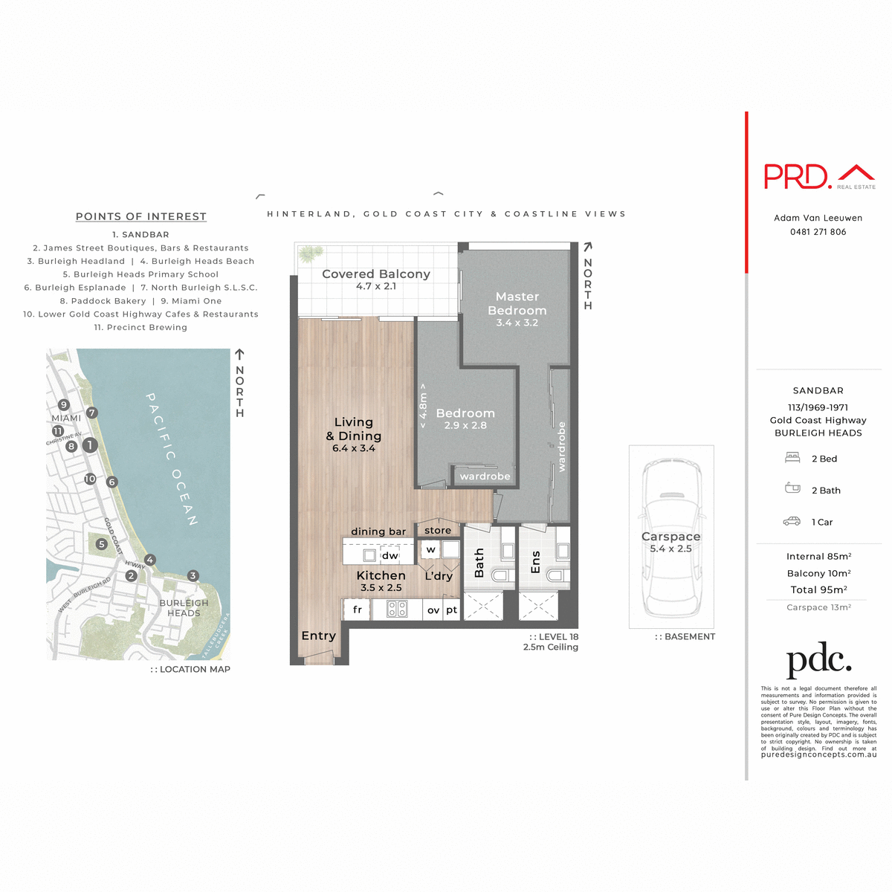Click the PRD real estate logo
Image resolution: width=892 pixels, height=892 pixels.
pyautogui.click(x=819, y=176)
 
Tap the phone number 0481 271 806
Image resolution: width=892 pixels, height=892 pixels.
pyautogui.click(x=818, y=232)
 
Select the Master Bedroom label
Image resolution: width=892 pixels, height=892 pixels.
pyautogui.click(x=517, y=304)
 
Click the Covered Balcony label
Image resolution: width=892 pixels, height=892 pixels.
pyautogui.click(x=376, y=274)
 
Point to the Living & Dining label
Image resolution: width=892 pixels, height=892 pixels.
pyautogui.click(x=354, y=430)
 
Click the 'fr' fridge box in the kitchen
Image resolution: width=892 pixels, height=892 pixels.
pyautogui.click(x=357, y=610)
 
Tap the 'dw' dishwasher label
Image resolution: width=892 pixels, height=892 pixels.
pyautogui.click(x=390, y=555)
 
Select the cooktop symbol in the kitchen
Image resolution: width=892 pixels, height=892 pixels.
pyautogui.click(x=397, y=610)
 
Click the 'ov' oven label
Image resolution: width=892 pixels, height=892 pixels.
pyautogui.click(x=433, y=610)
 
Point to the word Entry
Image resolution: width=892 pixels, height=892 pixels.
pyautogui.click(x=318, y=636)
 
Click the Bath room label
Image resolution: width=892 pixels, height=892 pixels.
pyautogui.click(x=479, y=563)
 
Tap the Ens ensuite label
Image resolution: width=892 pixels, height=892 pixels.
pyautogui.click(x=535, y=563)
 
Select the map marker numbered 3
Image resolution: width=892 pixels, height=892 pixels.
pyautogui.click(x=193, y=575)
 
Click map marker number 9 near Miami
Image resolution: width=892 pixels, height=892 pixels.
pyautogui.click(x=64, y=405)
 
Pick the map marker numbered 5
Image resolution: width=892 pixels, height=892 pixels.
pyautogui.click(x=102, y=544)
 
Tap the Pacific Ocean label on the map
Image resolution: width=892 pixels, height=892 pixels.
pyautogui.click(x=171, y=459)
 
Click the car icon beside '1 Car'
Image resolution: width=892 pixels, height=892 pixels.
pyautogui.click(x=792, y=522)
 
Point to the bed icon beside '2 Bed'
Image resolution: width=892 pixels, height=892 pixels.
pyautogui.click(x=792, y=459)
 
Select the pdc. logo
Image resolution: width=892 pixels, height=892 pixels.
pyautogui.click(x=818, y=659)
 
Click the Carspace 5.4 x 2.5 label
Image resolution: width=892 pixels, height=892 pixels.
pyautogui.click(x=670, y=542)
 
